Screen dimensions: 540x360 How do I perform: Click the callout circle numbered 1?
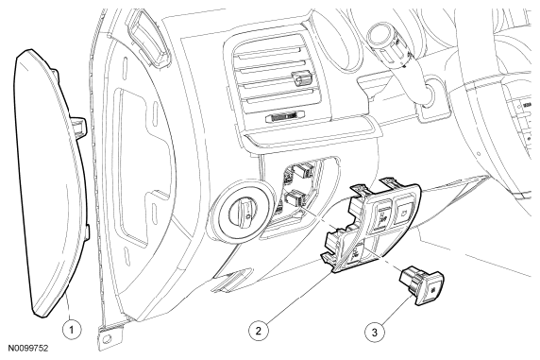point(72,330)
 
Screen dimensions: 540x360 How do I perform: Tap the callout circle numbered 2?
point(259,331)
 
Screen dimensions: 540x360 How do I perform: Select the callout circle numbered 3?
point(375,333)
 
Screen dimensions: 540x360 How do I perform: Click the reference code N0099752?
point(28,349)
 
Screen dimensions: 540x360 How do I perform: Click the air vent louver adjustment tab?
point(302,78)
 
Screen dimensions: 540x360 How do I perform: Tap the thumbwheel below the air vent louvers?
point(285,117)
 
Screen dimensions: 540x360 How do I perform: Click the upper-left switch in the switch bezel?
point(381,214)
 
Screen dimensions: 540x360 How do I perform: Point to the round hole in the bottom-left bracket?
point(107,338)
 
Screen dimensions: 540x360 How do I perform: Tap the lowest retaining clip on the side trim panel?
point(87,231)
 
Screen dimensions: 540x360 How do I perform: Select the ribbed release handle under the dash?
point(230,279)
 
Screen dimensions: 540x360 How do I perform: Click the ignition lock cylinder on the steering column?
point(428,93)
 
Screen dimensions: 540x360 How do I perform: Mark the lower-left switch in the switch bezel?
point(355,254)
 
